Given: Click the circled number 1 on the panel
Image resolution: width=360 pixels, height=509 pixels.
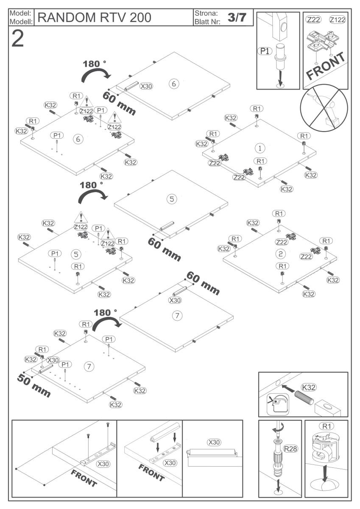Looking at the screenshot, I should tap(259, 148).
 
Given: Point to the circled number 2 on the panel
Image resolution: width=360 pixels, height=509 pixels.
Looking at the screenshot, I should tap(280, 254).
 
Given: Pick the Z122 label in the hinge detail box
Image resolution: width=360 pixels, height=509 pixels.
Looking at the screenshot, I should tap(337, 20).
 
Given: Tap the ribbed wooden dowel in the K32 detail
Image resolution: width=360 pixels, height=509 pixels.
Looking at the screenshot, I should tap(300, 400).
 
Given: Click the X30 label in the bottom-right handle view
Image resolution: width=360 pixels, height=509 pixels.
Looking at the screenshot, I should tap(214, 442).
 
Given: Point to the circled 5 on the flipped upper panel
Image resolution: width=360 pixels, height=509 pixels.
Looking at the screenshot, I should tap(171, 199).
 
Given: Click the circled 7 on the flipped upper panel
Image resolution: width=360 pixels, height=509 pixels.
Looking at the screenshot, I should tap(177, 315).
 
